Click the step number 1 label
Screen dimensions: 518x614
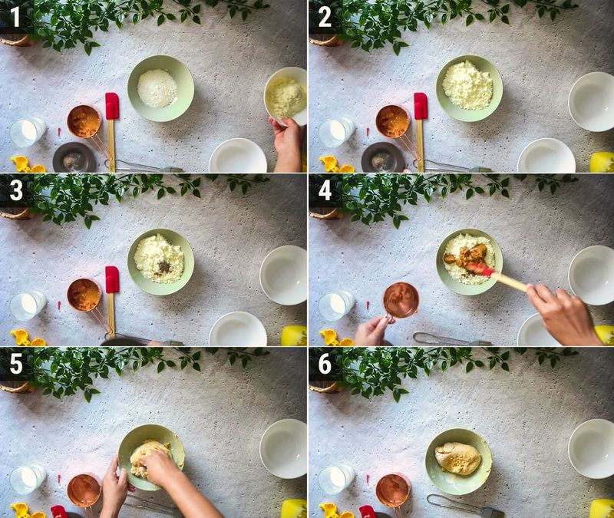coord(15,15)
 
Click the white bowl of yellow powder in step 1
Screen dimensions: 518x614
coord(286,96)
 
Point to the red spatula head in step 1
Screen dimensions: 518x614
coord(112,106)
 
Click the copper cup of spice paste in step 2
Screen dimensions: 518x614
coord(392,120)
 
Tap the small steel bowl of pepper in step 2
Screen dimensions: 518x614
coord(383,157)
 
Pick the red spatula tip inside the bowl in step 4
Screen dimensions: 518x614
coord(480,269)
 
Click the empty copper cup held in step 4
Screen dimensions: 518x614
coord(401,299)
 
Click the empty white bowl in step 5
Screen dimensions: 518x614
coord(283,448)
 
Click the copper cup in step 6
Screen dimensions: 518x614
coord(393,490)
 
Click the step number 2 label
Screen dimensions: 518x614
coord(325,15)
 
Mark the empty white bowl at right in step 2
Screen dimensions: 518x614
coord(591,101)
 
